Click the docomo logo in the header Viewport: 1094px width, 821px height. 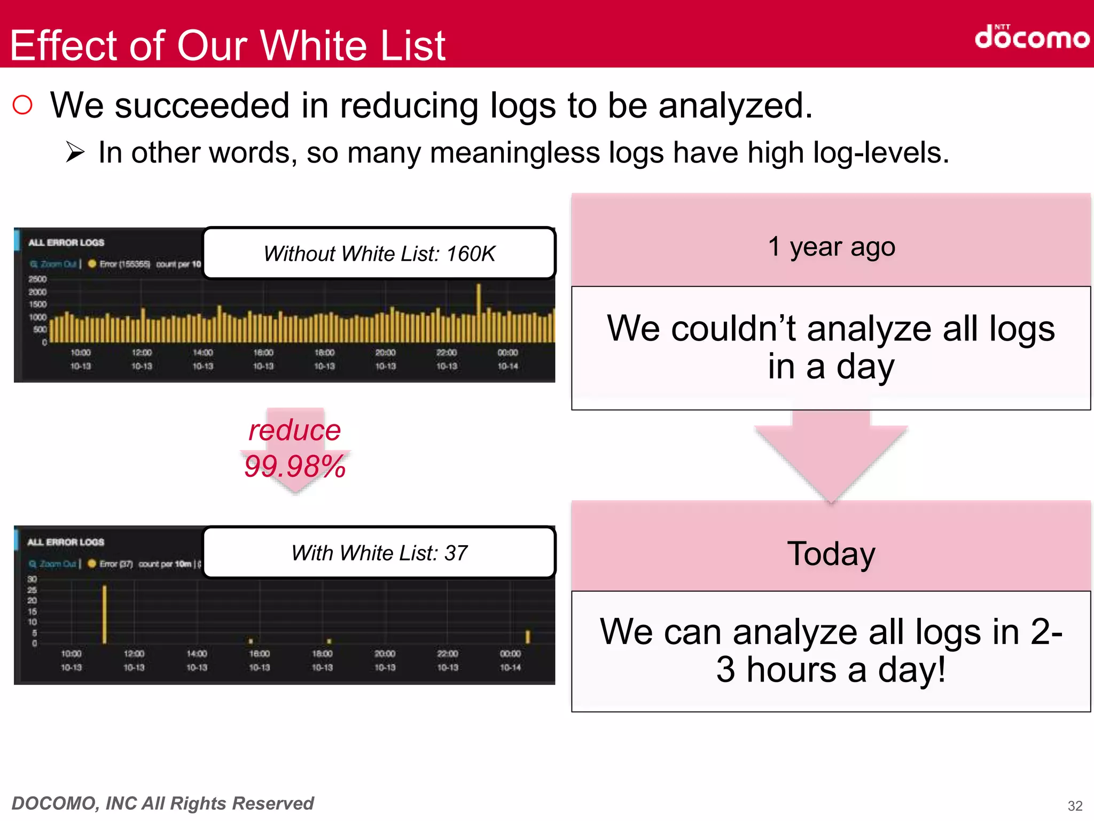pyautogui.click(x=1032, y=37)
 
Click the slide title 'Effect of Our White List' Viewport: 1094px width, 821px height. pyautogui.click(x=228, y=45)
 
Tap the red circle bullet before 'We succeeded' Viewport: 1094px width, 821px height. pyautogui.click(x=22, y=105)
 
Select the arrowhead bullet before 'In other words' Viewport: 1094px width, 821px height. pyautogui.click(x=75, y=153)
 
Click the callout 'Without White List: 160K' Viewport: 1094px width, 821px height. pyautogui.click(x=379, y=253)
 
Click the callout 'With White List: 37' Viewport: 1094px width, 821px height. pyautogui.click(x=379, y=553)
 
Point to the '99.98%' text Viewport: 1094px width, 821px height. pyautogui.click(x=295, y=466)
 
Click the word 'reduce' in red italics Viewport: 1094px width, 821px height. pyautogui.click(x=295, y=430)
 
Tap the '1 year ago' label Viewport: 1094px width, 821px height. pyautogui.click(x=831, y=247)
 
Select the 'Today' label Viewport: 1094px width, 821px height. pyautogui.click(x=831, y=554)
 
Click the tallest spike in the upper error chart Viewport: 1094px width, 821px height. pyautogui.click(x=479, y=310)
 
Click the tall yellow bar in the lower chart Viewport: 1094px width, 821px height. pyautogui.click(x=105, y=615)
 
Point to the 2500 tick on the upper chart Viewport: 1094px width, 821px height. pyautogui.click(x=37, y=279)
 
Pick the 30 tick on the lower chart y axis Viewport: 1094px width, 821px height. pyautogui.click(x=33, y=579)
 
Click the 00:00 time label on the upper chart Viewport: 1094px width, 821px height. pyautogui.click(x=507, y=353)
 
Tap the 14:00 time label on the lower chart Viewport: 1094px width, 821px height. pyautogui.click(x=197, y=654)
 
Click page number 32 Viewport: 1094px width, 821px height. pyautogui.click(x=1075, y=805)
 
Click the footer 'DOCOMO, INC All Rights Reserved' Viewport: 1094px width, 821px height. pyautogui.click(x=163, y=803)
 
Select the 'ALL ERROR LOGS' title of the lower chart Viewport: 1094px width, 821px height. pyautogui.click(x=66, y=542)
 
